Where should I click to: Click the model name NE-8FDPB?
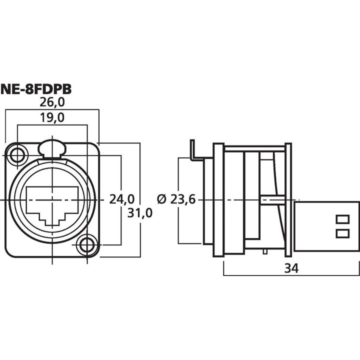pos(36,89)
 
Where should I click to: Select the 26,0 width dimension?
pos(52,102)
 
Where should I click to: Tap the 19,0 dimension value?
pos(52,118)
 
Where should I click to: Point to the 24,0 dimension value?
pos(122,199)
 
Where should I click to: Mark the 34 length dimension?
pos(291,268)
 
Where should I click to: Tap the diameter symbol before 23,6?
pos(161,199)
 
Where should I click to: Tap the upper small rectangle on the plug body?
pos(342,218)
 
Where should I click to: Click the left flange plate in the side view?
pos(218,200)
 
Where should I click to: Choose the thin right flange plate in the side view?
pos(288,200)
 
